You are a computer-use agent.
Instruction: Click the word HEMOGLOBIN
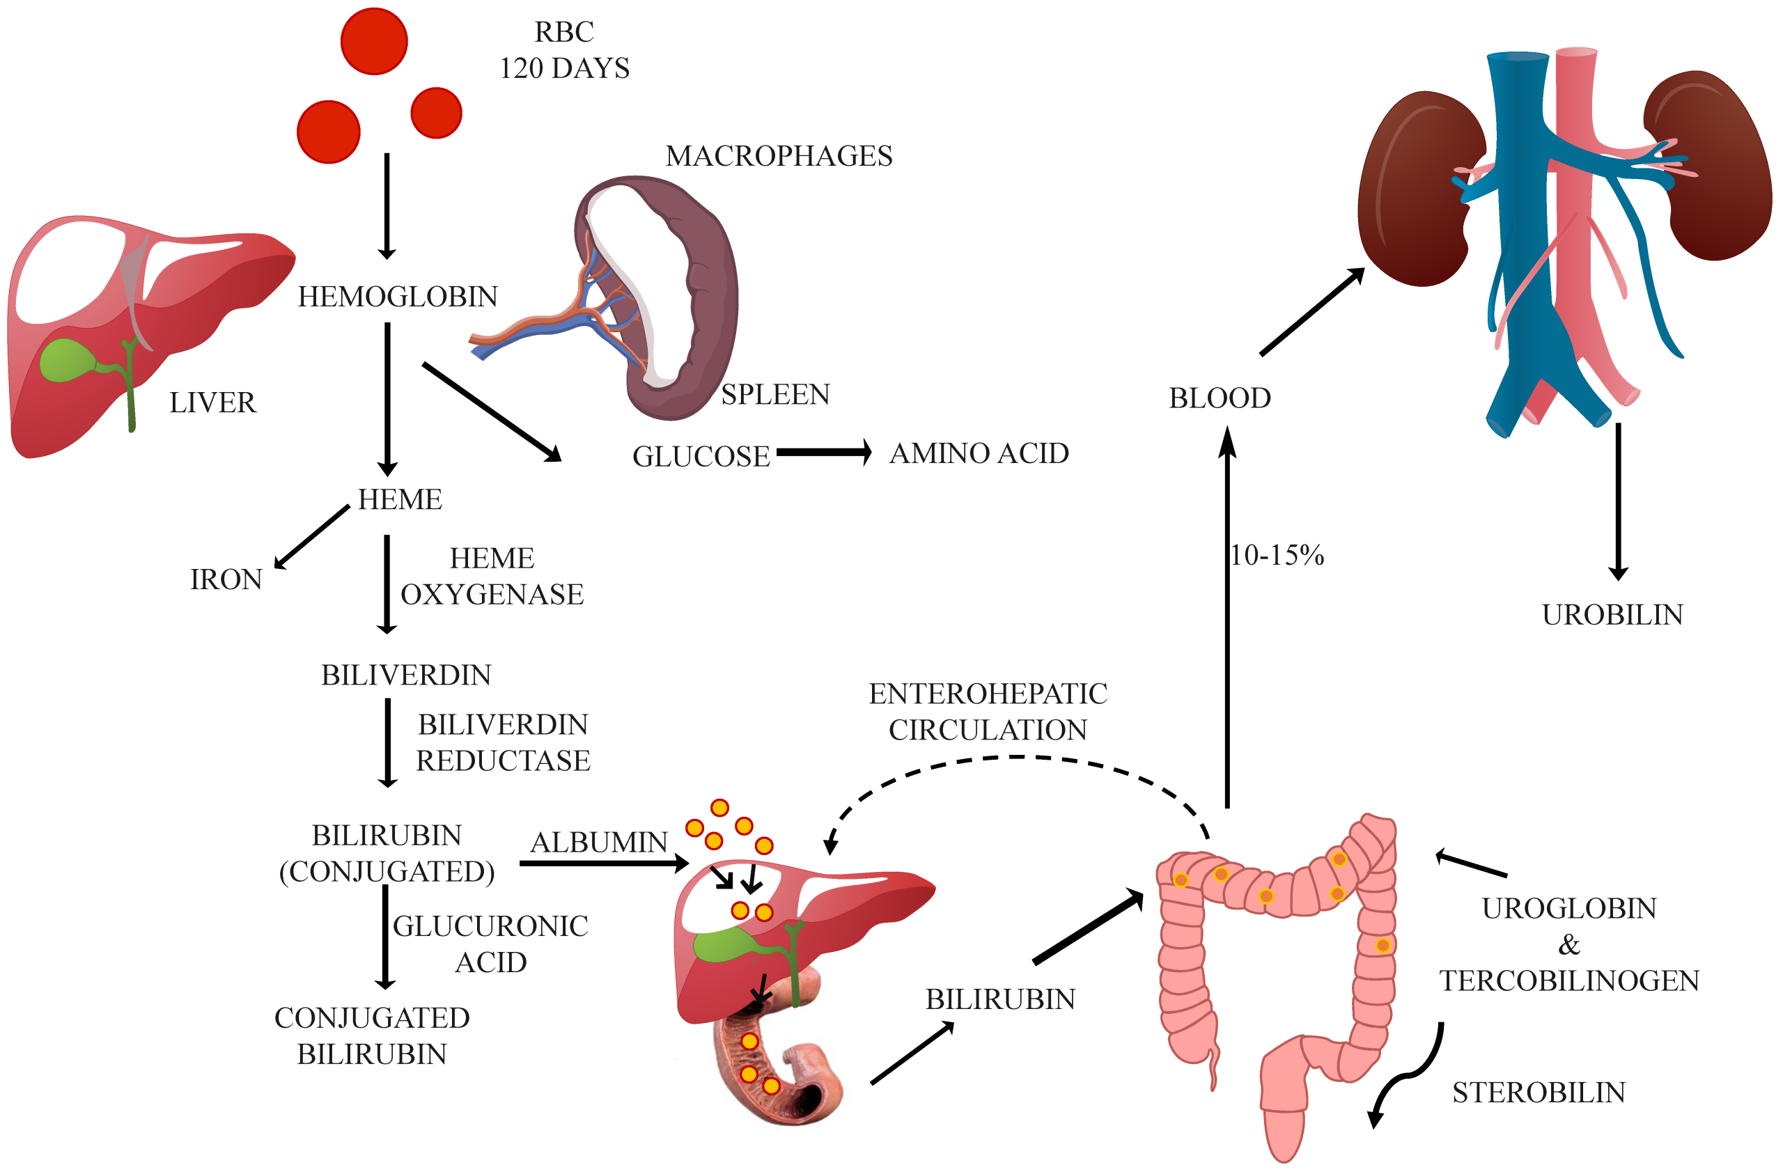(398, 297)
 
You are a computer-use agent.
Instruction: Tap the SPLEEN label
(775, 395)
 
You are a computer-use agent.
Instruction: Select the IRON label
(226, 579)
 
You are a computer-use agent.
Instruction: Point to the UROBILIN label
(1612, 615)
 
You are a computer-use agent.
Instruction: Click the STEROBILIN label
(1539, 1093)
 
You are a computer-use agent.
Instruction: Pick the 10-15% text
(1277, 555)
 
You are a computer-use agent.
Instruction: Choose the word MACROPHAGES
(779, 156)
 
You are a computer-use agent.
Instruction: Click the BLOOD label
(1220, 398)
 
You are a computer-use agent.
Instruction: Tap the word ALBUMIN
(598, 843)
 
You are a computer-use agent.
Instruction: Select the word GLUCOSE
(701, 457)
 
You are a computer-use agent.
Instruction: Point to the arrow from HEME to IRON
(313, 536)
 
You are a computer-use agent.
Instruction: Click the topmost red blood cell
(374, 41)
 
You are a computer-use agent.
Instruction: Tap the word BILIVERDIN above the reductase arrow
(406, 675)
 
